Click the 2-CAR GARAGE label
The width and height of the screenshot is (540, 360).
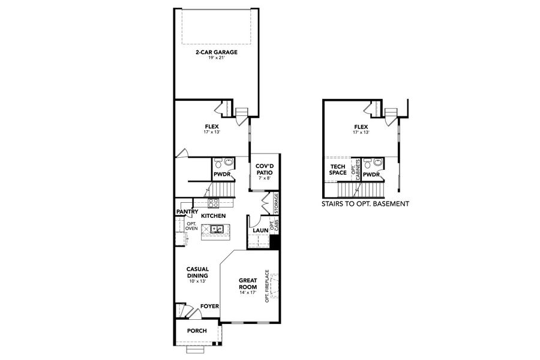click(x=217, y=52)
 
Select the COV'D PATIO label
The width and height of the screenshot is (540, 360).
click(x=264, y=169)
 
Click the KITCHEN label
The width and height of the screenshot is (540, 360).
click(x=213, y=215)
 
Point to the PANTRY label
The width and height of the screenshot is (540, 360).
click(x=187, y=212)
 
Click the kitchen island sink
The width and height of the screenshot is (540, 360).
click(x=215, y=229)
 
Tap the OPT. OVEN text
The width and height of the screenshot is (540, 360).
click(x=191, y=226)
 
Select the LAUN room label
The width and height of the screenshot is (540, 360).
click(x=260, y=230)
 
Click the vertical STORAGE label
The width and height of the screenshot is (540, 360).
click(x=276, y=203)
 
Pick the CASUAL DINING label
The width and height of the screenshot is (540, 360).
click(x=197, y=272)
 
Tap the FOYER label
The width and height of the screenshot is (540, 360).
click(x=209, y=306)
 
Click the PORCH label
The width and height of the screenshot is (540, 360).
click(x=197, y=331)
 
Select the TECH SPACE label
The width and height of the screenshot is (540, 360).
click(x=338, y=170)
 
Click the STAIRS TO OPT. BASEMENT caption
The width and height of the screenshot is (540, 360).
click(x=366, y=204)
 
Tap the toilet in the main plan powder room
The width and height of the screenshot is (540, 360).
click(x=219, y=163)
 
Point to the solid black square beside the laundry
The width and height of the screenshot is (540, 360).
click(x=275, y=242)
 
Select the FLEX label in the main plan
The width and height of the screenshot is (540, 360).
click(x=211, y=126)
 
